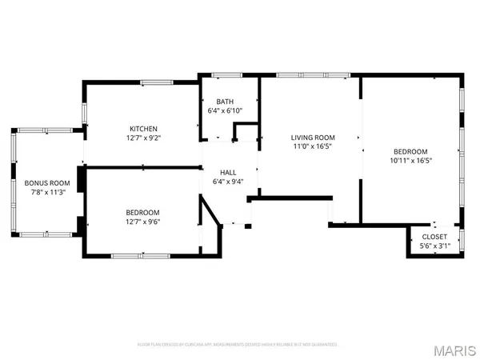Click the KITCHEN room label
click(x=144, y=128)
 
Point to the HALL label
click(x=229, y=171)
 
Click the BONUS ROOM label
click(x=47, y=182)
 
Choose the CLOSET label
click(x=434, y=237)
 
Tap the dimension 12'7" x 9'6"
click(x=144, y=222)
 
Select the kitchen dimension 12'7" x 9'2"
click(x=144, y=138)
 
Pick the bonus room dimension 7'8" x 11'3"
click(x=47, y=192)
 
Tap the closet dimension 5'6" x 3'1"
click(x=434, y=246)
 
